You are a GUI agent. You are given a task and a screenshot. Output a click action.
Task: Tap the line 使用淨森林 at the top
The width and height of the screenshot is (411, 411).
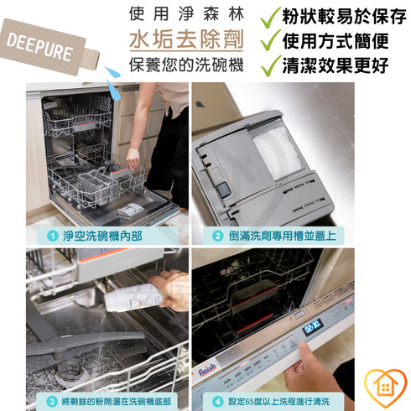[186, 13]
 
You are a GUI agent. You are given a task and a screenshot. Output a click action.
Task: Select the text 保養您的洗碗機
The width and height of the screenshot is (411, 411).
[186, 65]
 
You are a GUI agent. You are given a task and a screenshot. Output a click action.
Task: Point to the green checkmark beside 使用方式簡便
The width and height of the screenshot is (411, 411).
[268, 39]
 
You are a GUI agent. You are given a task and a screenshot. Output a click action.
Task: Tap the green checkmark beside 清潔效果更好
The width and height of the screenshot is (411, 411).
[268, 65]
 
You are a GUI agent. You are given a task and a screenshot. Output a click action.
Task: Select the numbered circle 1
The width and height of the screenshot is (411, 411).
[52, 237]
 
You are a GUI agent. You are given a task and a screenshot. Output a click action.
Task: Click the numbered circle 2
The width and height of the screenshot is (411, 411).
[217, 237]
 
